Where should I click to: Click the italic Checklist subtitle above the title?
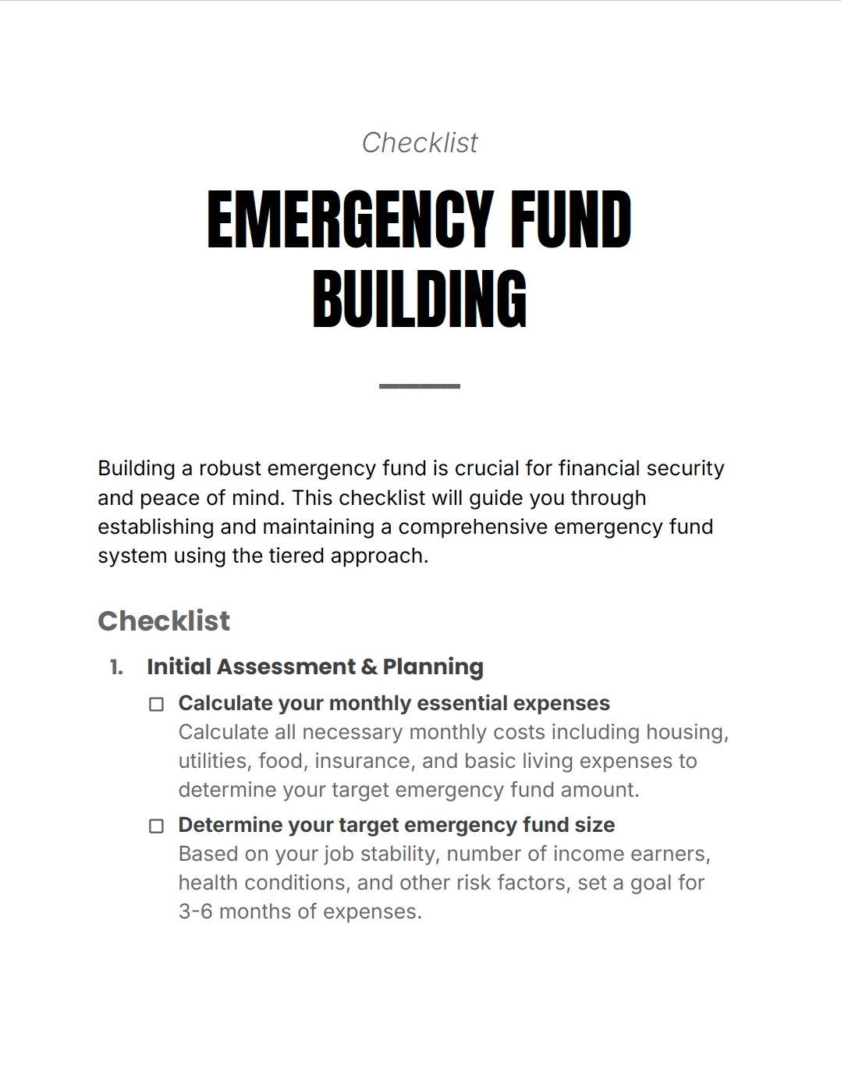coord(420,143)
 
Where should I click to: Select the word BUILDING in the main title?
coord(420,300)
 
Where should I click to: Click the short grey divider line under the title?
coord(420,386)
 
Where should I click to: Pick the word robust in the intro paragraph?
coord(230,468)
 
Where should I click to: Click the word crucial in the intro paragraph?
coord(487,468)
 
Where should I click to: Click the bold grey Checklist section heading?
coord(164,621)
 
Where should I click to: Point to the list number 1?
coord(116,667)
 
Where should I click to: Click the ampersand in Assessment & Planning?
coord(369,667)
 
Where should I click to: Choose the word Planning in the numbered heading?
coord(433,667)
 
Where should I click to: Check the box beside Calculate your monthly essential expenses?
coord(157,705)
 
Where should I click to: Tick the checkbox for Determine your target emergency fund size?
coord(157,826)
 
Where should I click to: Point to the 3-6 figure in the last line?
coord(195,912)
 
